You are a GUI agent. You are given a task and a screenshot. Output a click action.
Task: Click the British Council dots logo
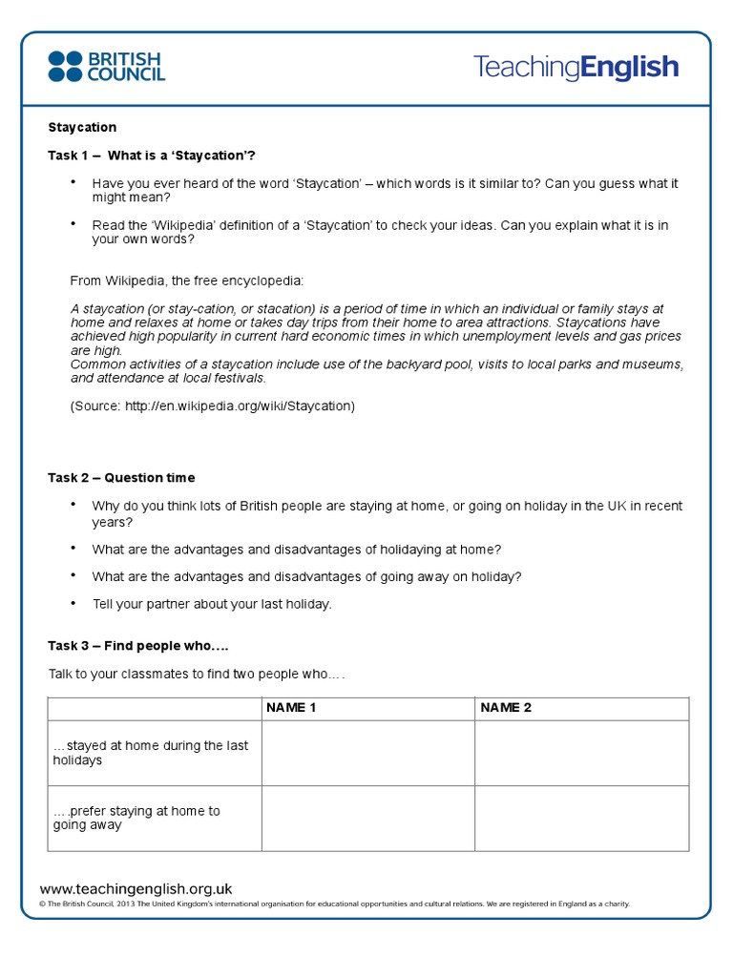(x=65, y=66)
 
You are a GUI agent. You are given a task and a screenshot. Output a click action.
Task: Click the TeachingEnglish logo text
(x=576, y=67)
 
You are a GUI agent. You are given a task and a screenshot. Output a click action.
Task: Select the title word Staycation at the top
(x=82, y=127)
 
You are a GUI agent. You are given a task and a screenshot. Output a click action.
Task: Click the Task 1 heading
(x=152, y=155)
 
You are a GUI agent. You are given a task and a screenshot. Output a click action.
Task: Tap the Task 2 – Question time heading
(x=121, y=477)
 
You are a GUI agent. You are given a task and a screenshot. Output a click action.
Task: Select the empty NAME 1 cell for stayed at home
(x=367, y=753)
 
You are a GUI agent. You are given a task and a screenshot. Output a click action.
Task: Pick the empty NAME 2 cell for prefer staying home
(x=581, y=818)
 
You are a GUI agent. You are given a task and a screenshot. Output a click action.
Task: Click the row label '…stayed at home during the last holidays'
(x=150, y=753)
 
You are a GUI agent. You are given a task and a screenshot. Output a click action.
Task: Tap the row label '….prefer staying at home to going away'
(x=136, y=818)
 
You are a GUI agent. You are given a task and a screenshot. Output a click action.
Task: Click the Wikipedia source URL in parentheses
(x=212, y=405)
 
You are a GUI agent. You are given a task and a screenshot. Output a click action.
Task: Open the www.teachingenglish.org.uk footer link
(x=136, y=888)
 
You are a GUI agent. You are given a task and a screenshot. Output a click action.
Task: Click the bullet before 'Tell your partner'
(x=73, y=603)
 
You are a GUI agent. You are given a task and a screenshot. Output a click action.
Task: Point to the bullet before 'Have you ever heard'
(x=73, y=182)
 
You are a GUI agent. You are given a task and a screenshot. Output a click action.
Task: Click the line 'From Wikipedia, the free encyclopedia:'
(x=187, y=281)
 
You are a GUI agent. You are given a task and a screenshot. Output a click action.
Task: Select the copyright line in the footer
(x=334, y=904)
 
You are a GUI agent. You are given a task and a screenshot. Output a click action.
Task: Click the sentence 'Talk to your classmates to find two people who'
(x=196, y=675)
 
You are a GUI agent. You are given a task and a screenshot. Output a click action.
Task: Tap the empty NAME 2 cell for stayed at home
(x=581, y=753)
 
